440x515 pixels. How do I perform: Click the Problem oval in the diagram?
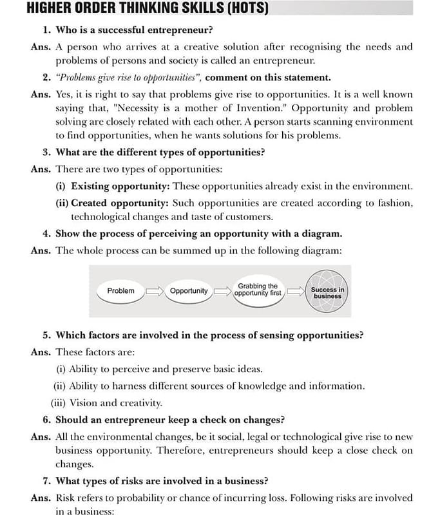click(121, 291)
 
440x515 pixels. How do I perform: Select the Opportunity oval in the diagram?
click(189, 291)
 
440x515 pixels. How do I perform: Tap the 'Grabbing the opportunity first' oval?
click(258, 290)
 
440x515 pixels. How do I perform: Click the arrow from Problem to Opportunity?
click(155, 292)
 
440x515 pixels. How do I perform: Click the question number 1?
click(46, 30)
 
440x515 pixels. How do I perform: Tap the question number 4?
click(46, 233)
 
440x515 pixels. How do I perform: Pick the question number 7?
click(46, 480)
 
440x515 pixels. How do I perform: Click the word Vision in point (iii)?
click(83, 403)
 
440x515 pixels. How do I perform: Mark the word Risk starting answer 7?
click(67, 498)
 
